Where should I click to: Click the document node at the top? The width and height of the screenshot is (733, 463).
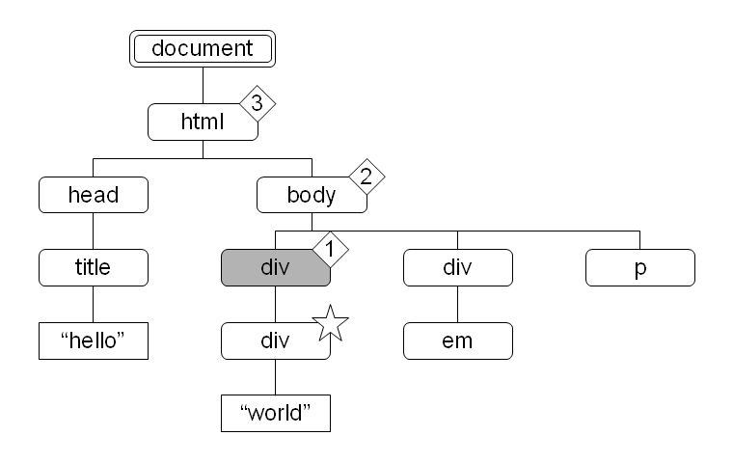[203, 48]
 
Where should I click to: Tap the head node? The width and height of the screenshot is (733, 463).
[94, 195]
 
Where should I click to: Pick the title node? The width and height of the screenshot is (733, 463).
[94, 267]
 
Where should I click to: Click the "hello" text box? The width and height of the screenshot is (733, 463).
[94, 340]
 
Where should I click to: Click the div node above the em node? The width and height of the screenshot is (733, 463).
[457, 267]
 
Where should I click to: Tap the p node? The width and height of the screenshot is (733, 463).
[639, 267]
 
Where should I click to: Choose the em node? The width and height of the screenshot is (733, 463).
[457, 340]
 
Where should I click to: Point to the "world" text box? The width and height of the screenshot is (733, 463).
[275, 413]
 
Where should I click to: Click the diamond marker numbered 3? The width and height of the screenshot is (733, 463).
[257, 104]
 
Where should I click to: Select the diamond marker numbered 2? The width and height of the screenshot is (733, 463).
[366, 177]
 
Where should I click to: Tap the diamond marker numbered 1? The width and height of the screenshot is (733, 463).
[329, 249]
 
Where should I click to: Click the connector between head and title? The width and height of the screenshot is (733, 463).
[94, 231]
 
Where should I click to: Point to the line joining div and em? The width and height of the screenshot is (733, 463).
[457, 304]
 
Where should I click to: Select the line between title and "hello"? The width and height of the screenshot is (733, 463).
[94, 304]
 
